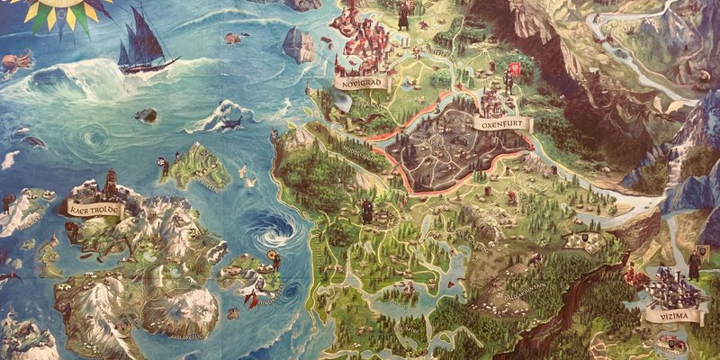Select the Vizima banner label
[667, 316]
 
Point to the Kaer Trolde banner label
[93, 208]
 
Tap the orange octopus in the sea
[11, 62]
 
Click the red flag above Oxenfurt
[516, 69]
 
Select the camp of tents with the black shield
[580, 239]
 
